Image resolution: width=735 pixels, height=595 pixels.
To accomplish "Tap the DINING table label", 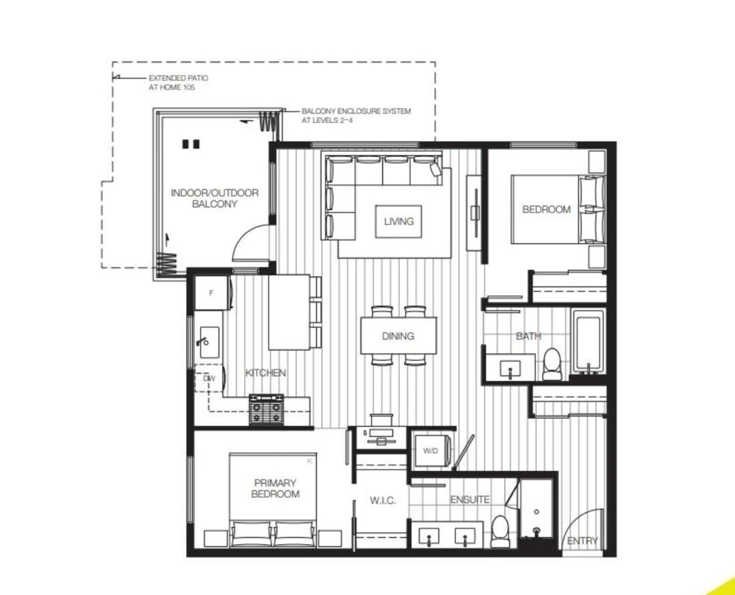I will tap(398, 336).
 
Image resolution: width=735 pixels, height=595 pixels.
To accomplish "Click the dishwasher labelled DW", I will tap(209, 378).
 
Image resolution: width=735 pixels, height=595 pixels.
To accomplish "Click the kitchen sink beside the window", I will tap(209, 342).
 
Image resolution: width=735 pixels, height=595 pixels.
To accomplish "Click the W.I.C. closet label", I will tap(383, 501).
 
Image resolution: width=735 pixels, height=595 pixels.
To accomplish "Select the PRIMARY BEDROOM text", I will tap(275, 488).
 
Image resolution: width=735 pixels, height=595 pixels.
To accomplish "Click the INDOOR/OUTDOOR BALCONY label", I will tap(215, 198).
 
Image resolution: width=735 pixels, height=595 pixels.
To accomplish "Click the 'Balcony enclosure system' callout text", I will tap(356, 116).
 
